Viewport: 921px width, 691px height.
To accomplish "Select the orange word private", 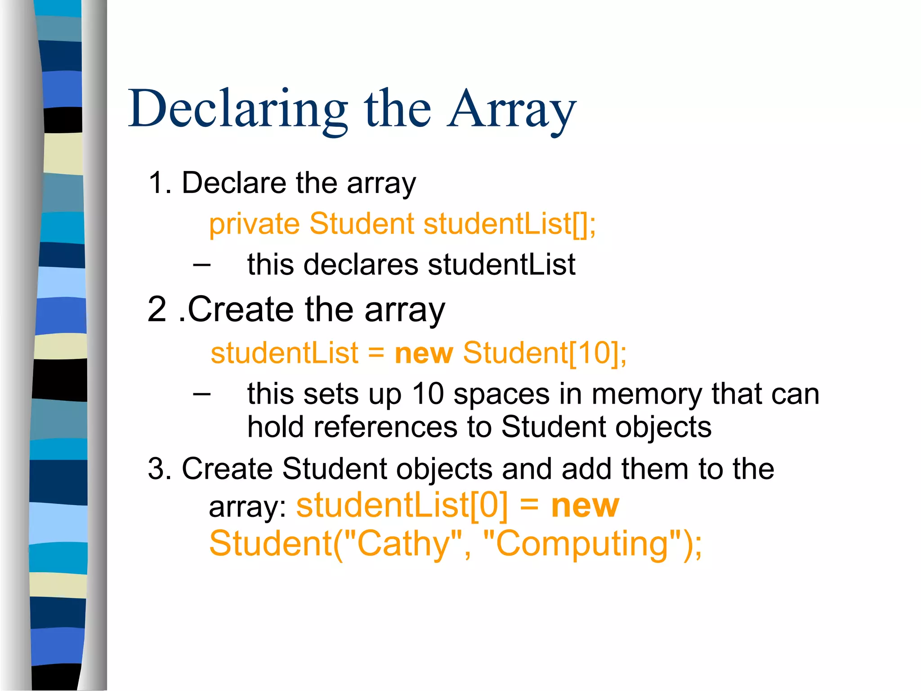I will pyautogui.click(x=254, y=224).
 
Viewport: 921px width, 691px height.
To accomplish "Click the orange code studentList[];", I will pyautogui.click(x=510, y=224).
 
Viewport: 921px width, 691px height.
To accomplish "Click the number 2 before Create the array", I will pyautogui.click(x=157, y=310).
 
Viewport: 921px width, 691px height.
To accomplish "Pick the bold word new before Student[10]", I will pyautogui.click(x=424, y=353).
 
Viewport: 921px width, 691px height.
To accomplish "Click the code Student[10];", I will pyautogui.click(x=545, y=353).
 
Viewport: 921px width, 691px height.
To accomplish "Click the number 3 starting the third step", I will pyautogui.click(x=156, y=469).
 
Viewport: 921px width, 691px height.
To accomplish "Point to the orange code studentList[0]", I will pyautogui.click(x=402, y=506).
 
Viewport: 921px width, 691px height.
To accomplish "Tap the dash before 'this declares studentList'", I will pyautogui.click(x=201, y=265).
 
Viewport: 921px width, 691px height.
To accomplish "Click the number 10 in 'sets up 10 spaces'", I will pyautogui.click(x=428, y=394).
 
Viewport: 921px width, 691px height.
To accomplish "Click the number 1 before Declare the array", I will pyautogui.click(x=155, y=184).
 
